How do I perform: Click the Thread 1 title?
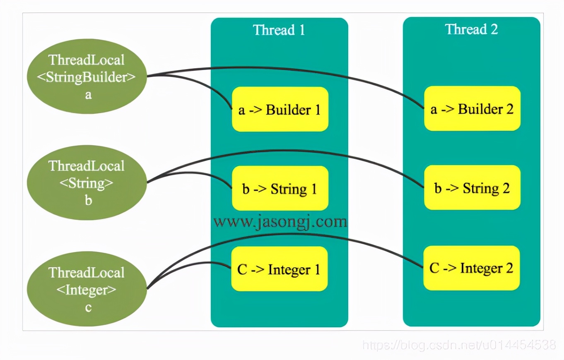[x=279, y=30]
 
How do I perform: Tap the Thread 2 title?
[x=471, y=29]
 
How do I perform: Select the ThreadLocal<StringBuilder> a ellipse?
[x=87, y=76]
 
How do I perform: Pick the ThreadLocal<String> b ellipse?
[x=87, y=182]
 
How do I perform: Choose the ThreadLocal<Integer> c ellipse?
[x=87, y=289]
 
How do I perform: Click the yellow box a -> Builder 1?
[x=280, y=109]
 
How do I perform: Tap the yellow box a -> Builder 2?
[x=472, y=108]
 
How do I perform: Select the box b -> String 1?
[x=280, y=188]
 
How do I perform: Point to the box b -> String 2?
[x=472, y=187]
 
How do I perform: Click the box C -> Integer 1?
[x=280, y=269]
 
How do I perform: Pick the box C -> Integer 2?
[x=472, y=268]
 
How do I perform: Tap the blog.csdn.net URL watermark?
[x=459, y=345]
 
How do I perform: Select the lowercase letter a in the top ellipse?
[x=88, y=95]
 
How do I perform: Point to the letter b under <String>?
[x=88, y=201]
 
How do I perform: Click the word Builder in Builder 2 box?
[x=480, y=109]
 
